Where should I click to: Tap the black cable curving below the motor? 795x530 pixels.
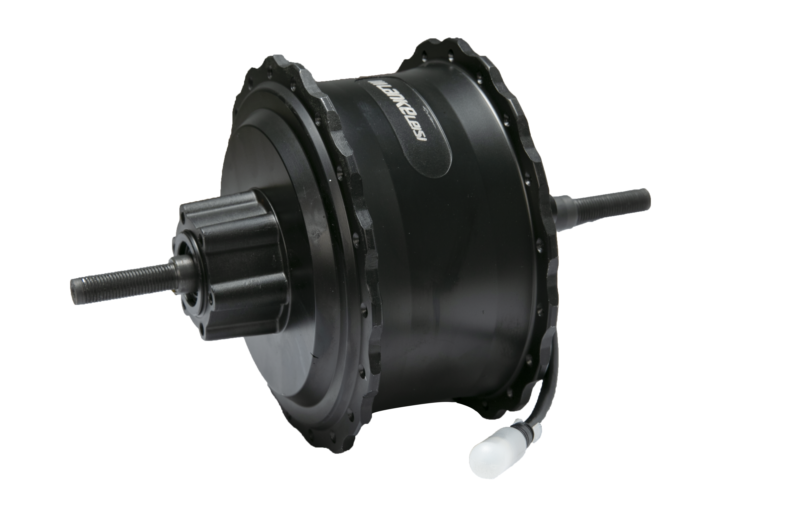[x=554, y=389]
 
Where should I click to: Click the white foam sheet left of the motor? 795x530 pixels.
[x=135, y=355]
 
